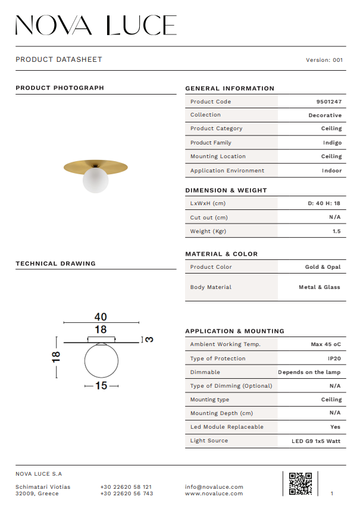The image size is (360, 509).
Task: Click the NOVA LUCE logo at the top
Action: point(96,26)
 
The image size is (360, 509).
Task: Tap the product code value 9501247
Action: point(328,102)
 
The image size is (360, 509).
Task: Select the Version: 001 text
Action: point(324,60)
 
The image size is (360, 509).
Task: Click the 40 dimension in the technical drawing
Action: point(100,317)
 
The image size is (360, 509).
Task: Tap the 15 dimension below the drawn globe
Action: point(101,386)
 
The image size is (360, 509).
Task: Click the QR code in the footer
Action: point(300,483)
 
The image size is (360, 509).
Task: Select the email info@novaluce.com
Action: point(214,487)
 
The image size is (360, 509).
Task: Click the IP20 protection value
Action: point(334,359)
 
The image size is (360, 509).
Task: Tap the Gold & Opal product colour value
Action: point(323,268)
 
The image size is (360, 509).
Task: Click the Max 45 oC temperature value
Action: point(325,345)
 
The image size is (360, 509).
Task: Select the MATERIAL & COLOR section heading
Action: point(221,254)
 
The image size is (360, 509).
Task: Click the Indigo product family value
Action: point(332,143)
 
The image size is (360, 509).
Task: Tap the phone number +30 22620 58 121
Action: point(126,487)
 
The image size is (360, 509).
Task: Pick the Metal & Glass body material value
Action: point(319,287)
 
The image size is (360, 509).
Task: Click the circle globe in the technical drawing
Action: point(101,361)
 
